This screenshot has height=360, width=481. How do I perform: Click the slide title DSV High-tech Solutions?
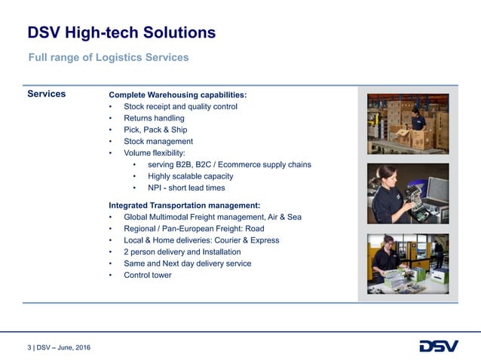tap(121, 32)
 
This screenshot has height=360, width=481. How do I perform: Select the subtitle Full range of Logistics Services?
tap(108, 57)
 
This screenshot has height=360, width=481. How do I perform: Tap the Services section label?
tap(46, 94)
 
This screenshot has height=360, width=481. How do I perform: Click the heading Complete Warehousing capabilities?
tap(178, 95)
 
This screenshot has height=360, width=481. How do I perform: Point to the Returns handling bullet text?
tap(154, 118)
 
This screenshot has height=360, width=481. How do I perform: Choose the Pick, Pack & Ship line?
tap(155, 130)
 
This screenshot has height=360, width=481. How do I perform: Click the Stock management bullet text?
tap(158, 141)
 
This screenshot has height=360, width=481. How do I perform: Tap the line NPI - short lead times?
tap(186, 188)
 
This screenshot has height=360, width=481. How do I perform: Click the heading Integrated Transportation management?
tap(185, 205)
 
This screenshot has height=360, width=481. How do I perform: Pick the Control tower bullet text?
tap(147, 275)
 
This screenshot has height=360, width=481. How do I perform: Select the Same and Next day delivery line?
tap(188, 264)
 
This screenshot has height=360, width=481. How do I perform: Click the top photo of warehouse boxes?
tap(408, 124)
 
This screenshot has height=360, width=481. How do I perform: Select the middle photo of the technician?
tap(408, 194)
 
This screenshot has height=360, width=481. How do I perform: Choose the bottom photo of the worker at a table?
tap(408, 264)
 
